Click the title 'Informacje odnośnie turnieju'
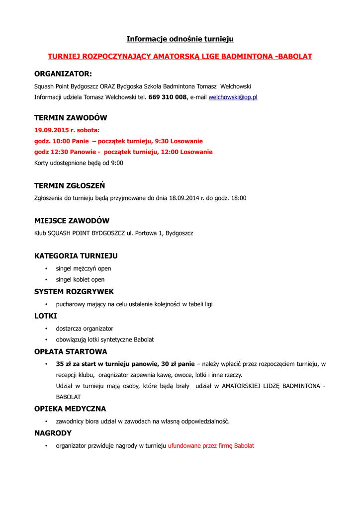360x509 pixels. (180, 39)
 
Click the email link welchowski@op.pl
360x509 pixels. (233, 97)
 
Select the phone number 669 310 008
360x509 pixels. (167, 97)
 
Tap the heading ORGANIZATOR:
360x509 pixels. (63, 74)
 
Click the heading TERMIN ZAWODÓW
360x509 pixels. (71, 118)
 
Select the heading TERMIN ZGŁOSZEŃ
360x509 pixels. (70, 186)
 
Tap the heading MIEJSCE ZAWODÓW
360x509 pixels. (72, 221)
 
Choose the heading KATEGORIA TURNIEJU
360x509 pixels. (76, 256)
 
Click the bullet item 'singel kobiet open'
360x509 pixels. (80, 279)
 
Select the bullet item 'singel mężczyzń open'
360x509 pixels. (83, 268)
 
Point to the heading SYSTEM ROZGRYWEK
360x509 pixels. (74, 291)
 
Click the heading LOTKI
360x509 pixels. (46, 316)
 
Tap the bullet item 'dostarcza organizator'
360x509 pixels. (85, 329)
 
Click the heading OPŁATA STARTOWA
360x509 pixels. (71, 351)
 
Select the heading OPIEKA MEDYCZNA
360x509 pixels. (70, 409)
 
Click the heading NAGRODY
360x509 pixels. (53, 433)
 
